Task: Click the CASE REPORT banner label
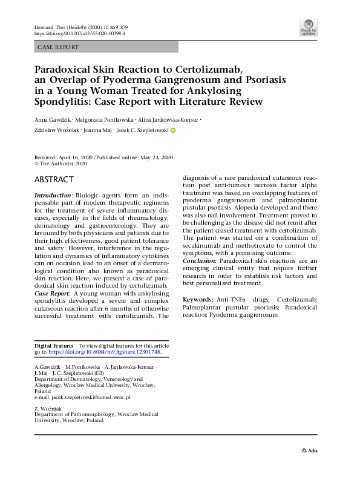(57, 47)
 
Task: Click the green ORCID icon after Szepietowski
(173, 130)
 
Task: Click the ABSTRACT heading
(54, 180)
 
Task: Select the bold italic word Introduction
(53, 196)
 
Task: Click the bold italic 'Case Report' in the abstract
(51, 292)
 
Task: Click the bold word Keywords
(197, 300)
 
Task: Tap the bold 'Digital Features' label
(54, 345)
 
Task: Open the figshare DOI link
(104, 351)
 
